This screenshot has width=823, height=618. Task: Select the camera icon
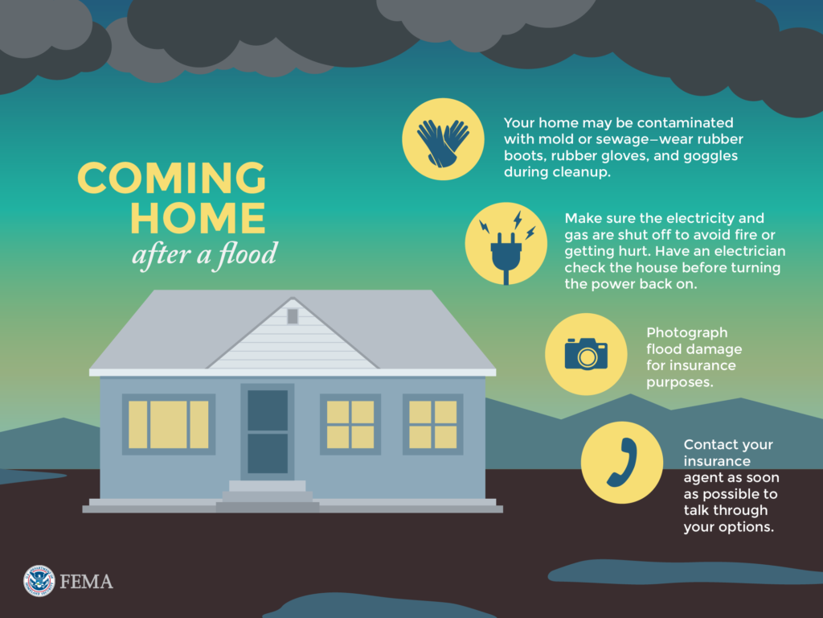click(x=586, y=354)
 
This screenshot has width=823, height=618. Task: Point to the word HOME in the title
click(x=198, y=217)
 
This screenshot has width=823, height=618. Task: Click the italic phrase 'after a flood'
click(x=204, y=255)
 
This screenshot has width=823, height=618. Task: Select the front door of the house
click(x=268, y=432)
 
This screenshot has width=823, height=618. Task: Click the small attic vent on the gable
click(x=293, y=316)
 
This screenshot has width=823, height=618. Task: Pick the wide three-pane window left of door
click(x=169, y=424)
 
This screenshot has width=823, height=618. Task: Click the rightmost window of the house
click(x=432, y=424)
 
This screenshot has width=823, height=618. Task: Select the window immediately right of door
click(x=350, y=424)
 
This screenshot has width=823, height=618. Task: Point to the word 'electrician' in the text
click(x=745, y=252)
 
